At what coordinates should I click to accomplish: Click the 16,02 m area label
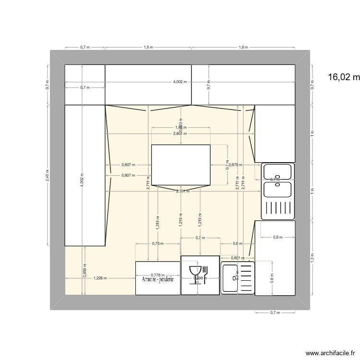[343, 77]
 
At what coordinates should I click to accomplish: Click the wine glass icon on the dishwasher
[195, 274]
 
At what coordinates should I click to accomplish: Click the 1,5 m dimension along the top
[148, 48]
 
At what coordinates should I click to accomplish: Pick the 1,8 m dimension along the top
[243, 48]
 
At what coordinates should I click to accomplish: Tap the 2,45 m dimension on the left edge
[47, 174]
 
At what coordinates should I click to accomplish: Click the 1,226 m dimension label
[100, 278]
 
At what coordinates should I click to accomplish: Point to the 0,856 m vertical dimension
[84, 271]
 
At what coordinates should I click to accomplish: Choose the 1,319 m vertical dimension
[158, 222]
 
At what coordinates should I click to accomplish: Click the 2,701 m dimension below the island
[182, 191]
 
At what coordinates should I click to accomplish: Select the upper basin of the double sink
[277, 171]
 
